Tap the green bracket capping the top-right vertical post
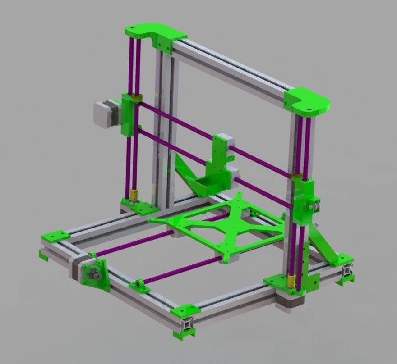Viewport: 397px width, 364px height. click(308, 102)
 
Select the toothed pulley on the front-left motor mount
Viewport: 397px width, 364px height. click(92, 274)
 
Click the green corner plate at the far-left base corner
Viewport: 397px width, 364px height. click(55, 236)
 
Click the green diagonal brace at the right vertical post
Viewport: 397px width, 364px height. click(326, 246)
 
